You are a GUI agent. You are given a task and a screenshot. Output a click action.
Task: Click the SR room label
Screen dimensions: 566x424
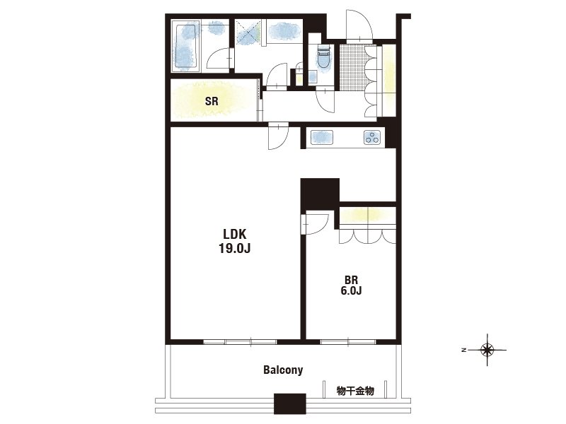212,101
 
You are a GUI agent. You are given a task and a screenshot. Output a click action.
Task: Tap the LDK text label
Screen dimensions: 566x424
235,235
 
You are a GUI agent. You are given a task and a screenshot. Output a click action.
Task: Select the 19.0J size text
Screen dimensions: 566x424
235,249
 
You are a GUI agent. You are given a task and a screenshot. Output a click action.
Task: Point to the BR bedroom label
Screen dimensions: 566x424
351,280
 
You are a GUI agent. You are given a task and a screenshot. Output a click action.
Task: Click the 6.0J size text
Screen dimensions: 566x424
351,290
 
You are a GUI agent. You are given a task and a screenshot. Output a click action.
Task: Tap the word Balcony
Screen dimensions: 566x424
283,370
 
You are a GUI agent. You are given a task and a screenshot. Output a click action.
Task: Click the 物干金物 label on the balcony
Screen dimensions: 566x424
355,391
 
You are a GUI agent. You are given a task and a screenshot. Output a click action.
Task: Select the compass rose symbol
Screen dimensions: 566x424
487,350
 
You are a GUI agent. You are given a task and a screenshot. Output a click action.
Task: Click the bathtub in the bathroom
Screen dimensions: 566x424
186,46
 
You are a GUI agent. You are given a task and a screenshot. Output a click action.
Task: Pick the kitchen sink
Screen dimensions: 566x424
322,137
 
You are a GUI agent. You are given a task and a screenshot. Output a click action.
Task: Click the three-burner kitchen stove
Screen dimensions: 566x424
372,137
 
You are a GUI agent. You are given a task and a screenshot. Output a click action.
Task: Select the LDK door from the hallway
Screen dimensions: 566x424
278,136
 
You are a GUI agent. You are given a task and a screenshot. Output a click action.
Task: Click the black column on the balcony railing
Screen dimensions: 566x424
290,404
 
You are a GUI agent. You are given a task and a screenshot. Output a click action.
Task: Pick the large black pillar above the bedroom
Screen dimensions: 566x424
320,194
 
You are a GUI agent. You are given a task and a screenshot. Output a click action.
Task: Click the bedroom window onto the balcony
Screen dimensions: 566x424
348,342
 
